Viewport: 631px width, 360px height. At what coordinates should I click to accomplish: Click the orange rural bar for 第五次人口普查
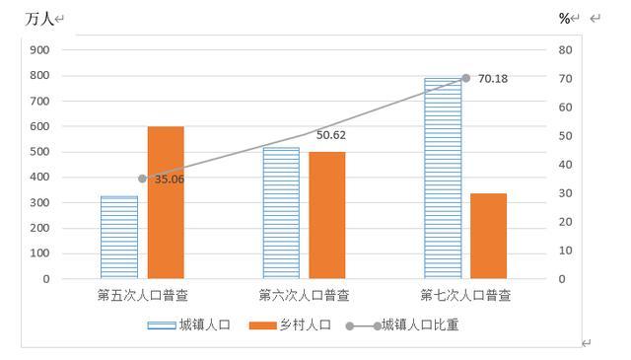click(166, 202)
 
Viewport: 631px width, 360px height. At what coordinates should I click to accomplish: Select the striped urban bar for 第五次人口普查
click(119, 237)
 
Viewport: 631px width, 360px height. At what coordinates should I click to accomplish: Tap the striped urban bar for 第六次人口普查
click(281, 213)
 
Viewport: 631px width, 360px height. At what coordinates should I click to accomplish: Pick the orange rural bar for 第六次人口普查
click(327, 215)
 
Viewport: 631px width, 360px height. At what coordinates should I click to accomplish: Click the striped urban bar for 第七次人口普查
click(443, 179)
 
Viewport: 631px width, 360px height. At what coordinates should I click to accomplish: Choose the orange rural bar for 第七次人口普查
click(489, 236)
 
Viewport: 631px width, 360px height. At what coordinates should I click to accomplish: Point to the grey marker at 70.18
click(465, 78)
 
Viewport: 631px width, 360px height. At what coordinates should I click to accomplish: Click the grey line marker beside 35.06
click(142, 179)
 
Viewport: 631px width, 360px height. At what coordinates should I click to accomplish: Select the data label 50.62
click(331, 135)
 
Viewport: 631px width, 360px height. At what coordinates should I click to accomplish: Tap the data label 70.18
click(493, 79)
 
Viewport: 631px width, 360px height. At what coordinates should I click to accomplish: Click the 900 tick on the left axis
click(39, 50)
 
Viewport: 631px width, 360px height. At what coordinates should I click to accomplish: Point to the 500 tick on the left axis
click(39, 152)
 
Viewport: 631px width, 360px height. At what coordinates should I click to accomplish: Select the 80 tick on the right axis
click(565, 50)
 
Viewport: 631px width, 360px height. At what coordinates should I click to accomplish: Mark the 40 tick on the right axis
click(565, 165)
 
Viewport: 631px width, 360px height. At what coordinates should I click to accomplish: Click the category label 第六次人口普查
click(304, 296)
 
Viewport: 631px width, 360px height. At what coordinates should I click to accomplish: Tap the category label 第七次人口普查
click(465, 296)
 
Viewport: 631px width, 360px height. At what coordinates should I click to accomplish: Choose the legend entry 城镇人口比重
click(402, 324)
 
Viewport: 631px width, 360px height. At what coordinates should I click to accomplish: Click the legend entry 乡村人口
click(290, 324)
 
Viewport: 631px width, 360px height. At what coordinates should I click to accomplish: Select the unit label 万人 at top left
click(39, 19)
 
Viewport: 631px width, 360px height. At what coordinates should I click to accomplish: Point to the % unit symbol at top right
click(564, 18)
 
